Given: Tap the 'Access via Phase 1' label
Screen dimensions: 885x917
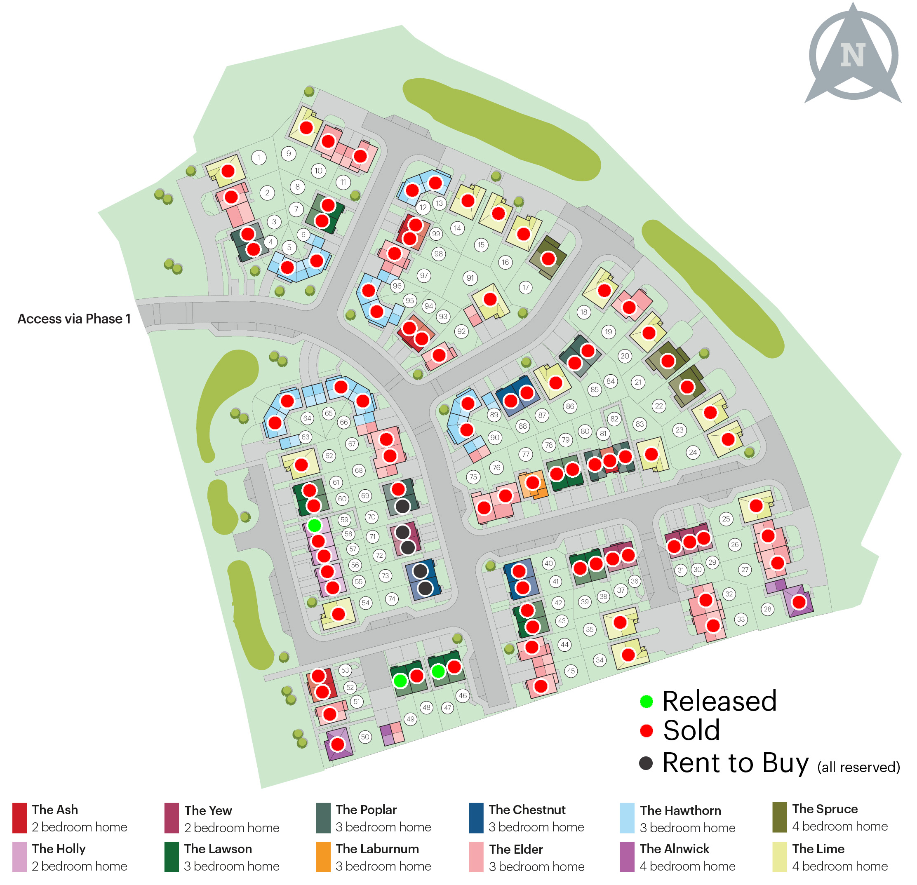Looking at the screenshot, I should tap(74, 319).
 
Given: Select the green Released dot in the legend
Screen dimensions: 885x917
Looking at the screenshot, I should tap(646, 701).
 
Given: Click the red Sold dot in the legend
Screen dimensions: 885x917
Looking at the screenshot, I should tap(646, 731).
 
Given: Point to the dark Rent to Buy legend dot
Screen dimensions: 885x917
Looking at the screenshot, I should tap(646, 763).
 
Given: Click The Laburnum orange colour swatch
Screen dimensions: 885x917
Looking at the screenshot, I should tap(323, 857).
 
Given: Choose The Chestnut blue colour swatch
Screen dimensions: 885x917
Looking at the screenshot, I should tap(476, 818).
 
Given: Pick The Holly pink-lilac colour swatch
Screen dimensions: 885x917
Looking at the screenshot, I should tap(19, 857).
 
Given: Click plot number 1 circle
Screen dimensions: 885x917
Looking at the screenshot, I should tap(259, 157).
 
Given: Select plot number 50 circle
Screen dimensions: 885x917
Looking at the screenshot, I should tap(365, 737).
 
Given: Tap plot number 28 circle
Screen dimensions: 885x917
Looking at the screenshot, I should tap(767, 609).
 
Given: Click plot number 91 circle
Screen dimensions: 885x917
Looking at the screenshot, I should tap(470, 278).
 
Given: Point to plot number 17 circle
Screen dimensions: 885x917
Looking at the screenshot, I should tap(525, 287).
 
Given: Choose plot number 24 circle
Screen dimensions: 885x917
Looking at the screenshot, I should tap(693, 452).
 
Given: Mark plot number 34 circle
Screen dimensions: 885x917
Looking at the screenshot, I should tap(600, 660).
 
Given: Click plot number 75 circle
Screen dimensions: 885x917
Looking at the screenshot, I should tap(473, 477).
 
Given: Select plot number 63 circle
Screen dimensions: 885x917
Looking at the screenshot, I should tap(306, 437).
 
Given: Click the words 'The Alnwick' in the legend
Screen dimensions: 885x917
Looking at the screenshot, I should tap(674, 849).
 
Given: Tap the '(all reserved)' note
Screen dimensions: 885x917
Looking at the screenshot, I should tap(858, 767).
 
